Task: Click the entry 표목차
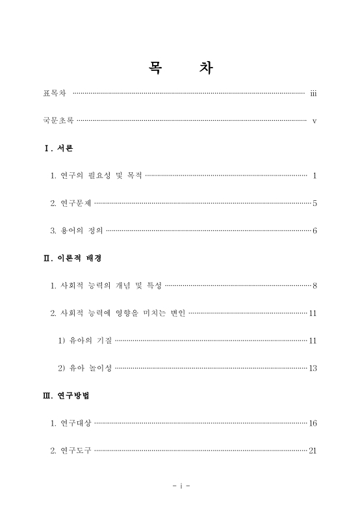tap(54, 94)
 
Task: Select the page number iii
tap(313, 94)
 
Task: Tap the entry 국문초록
tap(58, 121)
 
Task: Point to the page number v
tap(314, 121)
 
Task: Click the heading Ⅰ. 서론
tap(58, 148)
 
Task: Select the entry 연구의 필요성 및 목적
tap(96, 175)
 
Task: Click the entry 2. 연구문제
tap(71, 203)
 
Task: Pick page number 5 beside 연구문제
tap(315, 203)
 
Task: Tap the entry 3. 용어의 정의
tap(77, 231)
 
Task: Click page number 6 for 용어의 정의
tap(315, 231)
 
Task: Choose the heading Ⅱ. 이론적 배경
tap(71, 258)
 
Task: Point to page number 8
tap(315, 285)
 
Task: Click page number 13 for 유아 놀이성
tap(313, 368)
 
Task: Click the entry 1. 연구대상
tap(71, 423)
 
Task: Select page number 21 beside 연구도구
tap(313, 450)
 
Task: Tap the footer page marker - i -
tap(180, 486)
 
